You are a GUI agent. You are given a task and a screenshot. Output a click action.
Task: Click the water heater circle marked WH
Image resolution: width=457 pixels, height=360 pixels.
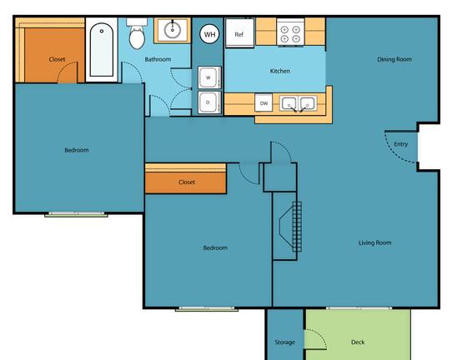[x=209, y=34]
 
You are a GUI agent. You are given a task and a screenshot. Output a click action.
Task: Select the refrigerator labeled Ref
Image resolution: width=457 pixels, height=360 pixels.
[x=239, y=32]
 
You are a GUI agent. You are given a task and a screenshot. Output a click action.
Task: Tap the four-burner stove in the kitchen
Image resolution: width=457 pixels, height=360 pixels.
[x=290, y=32]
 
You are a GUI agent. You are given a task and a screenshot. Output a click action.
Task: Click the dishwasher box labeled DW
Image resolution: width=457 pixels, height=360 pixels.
[x=264, y=102]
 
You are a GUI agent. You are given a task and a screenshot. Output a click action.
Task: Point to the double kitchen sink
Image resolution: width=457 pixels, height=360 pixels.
[x=299, y=103]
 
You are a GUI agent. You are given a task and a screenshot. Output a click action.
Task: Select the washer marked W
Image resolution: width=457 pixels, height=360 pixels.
[x=209, y=77]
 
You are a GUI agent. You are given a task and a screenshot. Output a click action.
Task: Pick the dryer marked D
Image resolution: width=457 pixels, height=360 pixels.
[x=209, y=102]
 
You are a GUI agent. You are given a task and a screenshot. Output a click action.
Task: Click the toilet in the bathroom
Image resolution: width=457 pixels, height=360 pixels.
[x=137, y=33]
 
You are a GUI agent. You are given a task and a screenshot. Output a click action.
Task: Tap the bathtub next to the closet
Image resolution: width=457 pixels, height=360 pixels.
[x=102, y=50]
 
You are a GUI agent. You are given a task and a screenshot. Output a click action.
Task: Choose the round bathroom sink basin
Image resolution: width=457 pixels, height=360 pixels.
[x=173, y=30]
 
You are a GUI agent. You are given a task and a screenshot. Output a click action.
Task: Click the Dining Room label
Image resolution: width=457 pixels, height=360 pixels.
[x=394, y=59]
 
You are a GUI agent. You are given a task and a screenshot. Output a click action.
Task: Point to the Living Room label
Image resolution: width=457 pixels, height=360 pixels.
[x=374, y=242]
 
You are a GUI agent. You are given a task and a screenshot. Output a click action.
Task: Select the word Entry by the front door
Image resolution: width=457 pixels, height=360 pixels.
[x=401, y=144]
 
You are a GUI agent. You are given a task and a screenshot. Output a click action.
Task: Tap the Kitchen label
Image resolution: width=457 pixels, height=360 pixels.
[x=280, y=71]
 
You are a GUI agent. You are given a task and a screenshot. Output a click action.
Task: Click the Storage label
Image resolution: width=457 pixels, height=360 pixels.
[x=284, y=342]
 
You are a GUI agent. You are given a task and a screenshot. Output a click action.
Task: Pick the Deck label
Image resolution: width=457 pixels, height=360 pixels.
[x=358, y=342]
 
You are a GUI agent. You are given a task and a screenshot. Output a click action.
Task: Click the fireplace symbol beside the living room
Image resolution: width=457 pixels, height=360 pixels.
[x=291, y=227]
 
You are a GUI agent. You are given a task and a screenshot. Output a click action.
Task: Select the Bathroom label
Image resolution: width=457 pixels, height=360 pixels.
[x=158, y=59]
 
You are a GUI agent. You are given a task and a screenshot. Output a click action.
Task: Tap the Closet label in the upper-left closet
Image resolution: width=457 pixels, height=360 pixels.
[x=57, y=59]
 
